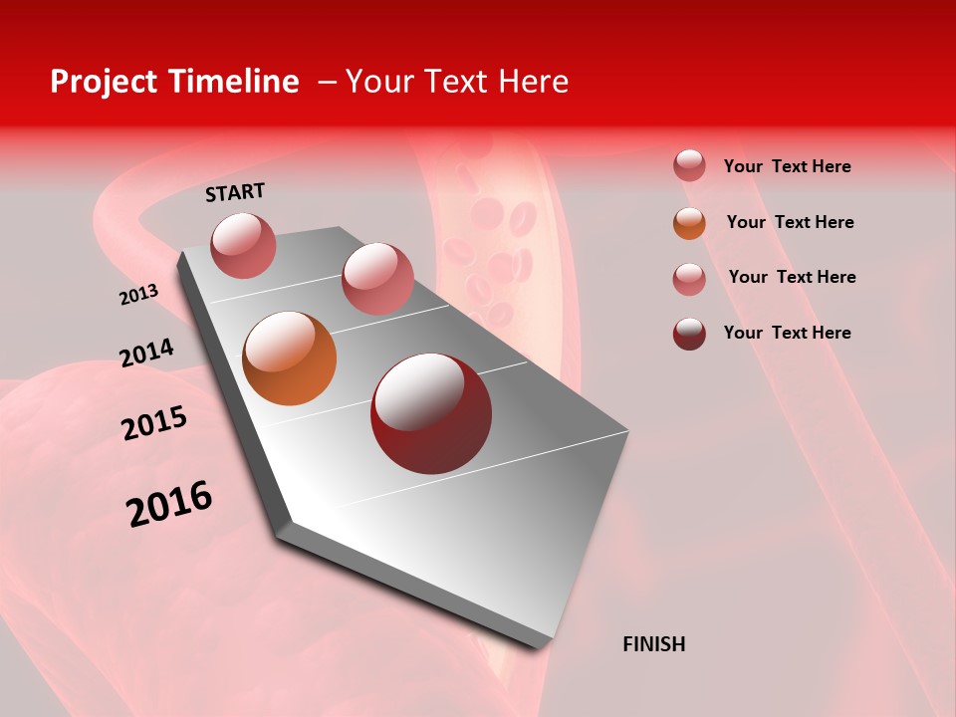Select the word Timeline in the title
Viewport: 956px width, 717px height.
(x=234, y=82)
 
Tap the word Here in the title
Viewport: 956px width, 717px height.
(x=533, y=82)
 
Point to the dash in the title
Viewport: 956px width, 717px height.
(x=327, y=82)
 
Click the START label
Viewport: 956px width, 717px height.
(x=235, y=192)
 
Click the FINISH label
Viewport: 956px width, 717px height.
(x=653, y=644)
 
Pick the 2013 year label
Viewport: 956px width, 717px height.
(x=138, y=295)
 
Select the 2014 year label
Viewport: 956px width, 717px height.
(x=146, y=353)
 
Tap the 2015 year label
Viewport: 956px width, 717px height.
(x=153, y=423)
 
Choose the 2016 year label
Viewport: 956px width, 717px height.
(x=168, y=503)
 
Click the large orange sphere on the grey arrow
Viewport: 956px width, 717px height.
(x=290, y=358)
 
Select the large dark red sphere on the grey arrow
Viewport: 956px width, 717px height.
(x=431, y=413)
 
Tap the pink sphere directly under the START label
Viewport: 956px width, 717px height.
(x=243, y=245)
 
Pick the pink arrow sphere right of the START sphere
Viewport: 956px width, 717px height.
(x=377, y=278)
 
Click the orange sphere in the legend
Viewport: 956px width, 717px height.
(x=689, y=223)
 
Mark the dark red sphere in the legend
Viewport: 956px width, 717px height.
(x=689, y=334)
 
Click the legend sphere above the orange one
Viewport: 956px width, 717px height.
(x=689, y=165)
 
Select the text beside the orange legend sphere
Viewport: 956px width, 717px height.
(x=790, y=222)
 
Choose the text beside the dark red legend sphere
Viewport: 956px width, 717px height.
(x=787, y=333)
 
